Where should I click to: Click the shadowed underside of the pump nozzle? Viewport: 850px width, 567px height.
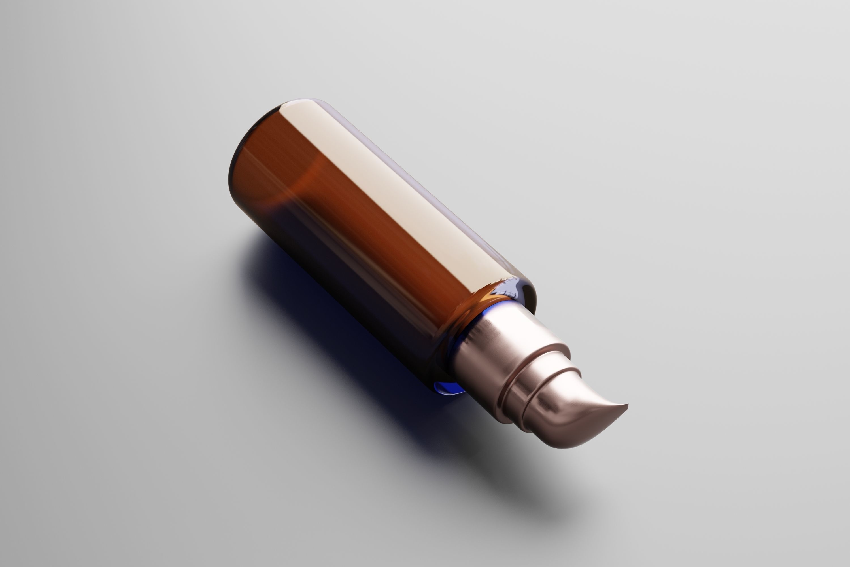(x=578, y=441)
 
